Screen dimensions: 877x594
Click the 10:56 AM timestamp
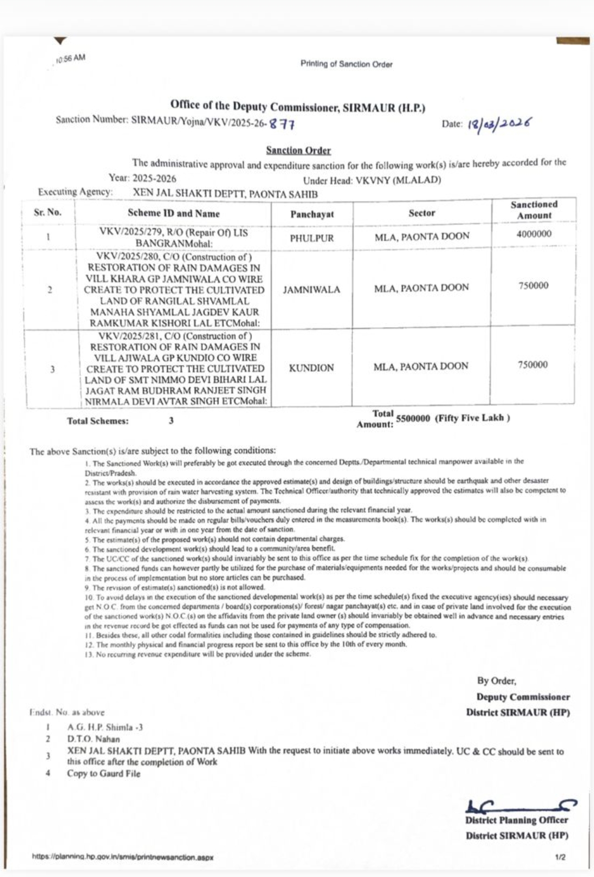(x=71, y=59)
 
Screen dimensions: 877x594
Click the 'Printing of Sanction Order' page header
(x=346, y=64)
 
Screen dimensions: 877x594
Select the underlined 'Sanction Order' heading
(x=299, y=150)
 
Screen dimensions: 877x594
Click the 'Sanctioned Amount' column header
(x=533, y=210)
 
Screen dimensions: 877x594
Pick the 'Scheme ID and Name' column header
(x=173, y=213)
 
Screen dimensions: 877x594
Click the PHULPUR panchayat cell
(x=312, y=238)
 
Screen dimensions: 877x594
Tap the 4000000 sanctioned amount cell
(x=533, y=234)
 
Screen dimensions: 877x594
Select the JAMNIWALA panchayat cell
(x=312, y=290)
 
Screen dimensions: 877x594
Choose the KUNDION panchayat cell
(x=311, y=368)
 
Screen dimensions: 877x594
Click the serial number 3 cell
(x=52, y=369)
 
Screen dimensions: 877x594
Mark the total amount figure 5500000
(x=413, y=418)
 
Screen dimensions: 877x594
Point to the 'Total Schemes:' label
(x=98, y=421)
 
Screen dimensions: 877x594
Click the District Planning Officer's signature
(x=520, y=806)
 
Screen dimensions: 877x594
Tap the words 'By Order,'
(x=497, y=681)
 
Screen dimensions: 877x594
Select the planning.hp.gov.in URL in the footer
(x=123, y=857)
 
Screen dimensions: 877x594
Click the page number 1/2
(x=560, y=857)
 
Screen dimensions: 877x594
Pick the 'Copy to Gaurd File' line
(x=104, y=774)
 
